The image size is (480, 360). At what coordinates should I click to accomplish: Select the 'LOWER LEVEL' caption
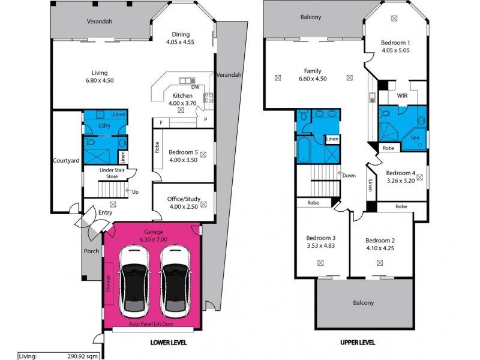(169, 343)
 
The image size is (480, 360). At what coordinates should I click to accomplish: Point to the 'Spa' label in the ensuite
(415, 137)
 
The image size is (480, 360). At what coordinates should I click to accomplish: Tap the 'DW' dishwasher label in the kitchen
(195, 87)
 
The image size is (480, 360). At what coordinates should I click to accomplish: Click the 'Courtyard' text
(67, 161)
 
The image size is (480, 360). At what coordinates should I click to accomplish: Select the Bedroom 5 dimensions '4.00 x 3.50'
(183, 160)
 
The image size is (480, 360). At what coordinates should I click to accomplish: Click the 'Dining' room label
(181, 34)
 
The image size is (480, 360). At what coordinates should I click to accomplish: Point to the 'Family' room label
(313, 70)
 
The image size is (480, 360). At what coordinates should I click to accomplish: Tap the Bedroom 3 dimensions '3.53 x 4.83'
(320, 245)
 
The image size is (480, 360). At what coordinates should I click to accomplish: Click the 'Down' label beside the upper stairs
(349, 175)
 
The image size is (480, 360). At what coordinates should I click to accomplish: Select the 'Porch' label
(91, 251)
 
